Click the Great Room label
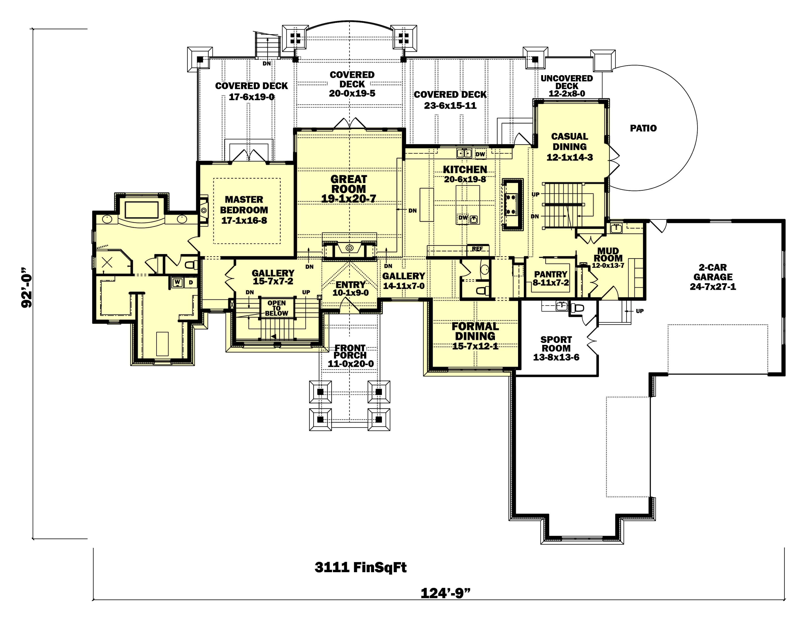point(348,184)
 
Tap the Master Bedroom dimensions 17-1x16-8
point(244,220)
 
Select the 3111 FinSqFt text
point(360,567)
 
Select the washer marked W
point(177,282)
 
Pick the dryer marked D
point(191,282)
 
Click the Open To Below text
point(276,308)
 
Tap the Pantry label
point(551,274)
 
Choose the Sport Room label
point(556,344)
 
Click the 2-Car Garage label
point(713,272)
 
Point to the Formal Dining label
point(475,331)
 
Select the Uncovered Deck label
point(566,82)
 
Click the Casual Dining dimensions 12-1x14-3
point(570,157)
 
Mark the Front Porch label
point(350,352)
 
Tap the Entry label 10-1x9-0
point(350,293)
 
